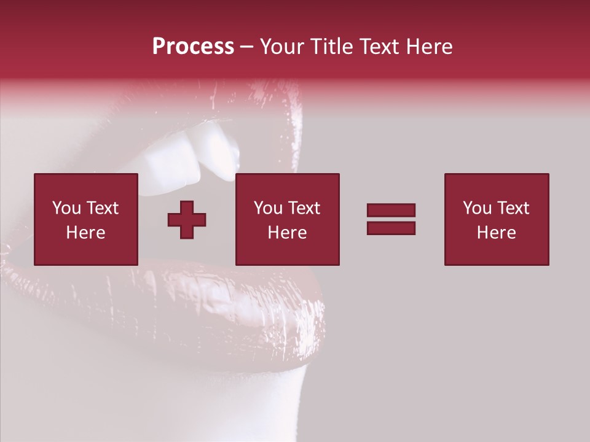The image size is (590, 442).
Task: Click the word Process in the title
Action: click(193, 47)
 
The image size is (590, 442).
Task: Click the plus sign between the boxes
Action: click(187, 220)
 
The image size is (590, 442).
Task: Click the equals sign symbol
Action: click(391, 219)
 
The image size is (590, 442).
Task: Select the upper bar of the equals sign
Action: click(391, 210)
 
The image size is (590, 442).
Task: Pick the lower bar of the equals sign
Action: click(391, 228)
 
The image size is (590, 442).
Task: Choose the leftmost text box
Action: click(86, 219)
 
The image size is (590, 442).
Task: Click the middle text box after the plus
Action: click(287, 219)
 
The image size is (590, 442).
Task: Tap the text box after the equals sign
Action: click(496, 219)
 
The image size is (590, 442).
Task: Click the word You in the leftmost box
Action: click(66, 208)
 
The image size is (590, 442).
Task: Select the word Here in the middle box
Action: click(287, 233)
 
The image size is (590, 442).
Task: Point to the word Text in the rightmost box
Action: click(513, 208)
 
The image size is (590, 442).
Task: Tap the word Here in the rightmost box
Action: click(496, 233)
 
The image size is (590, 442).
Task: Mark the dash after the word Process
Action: click(247, 47)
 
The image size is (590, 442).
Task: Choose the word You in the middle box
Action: click(267, 208)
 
